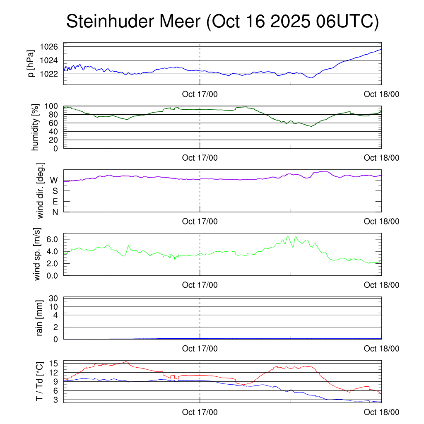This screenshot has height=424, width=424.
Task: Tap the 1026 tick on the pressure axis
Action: point(48,47)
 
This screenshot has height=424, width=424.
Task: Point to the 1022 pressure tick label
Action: point(48,74)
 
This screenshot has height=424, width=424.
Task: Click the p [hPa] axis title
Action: point(31,63)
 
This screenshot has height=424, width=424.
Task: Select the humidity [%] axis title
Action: point(35,127)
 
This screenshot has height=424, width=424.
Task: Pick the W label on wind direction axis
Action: point(54,181)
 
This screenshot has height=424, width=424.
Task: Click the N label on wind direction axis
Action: point(55,212)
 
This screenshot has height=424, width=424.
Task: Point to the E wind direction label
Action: point(55,202)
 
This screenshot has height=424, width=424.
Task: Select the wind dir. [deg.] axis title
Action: point(40,190)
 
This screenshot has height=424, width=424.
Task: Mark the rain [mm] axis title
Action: point(40,318)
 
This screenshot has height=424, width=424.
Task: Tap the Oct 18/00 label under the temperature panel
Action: point(381,412)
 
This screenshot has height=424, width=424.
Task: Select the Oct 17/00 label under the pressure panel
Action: point(200,94)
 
